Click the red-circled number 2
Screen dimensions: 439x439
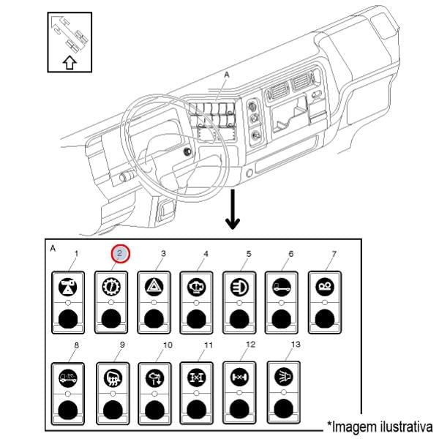[x=121, y=254]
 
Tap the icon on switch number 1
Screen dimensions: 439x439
[x=67, y=286]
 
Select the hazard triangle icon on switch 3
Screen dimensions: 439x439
[x=154, y=286]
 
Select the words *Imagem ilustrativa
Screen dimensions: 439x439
[x=380, y=427]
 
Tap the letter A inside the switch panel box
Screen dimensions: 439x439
[x=52, y=248]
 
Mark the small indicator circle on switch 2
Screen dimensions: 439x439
[x=110, y=302]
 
